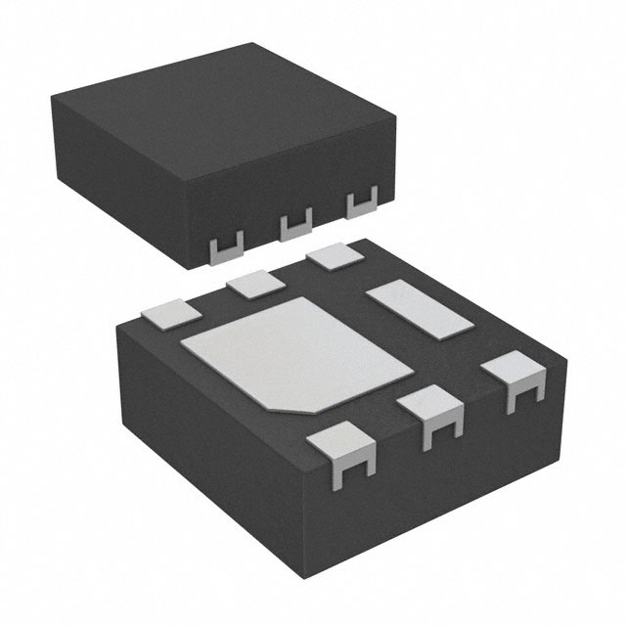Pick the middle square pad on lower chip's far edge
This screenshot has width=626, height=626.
click(x=253, y=284)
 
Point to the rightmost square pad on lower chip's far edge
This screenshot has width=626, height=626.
click(x=334, y=257)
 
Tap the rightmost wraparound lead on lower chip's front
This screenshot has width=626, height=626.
click(x=514, y=378)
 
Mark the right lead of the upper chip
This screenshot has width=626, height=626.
click(x=363, y=205)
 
